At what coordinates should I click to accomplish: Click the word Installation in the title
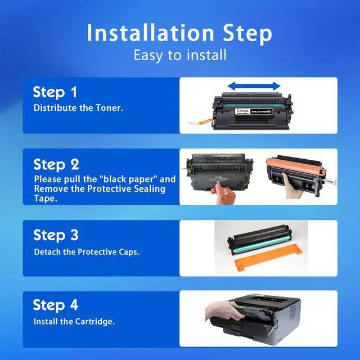(150, 33)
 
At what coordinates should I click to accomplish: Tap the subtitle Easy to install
(180, 55)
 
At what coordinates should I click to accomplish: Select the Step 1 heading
(55, 92)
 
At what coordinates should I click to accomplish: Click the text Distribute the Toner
(78, 107)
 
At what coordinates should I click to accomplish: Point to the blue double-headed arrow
(254, 86)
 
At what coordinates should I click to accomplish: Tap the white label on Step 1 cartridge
(242, 111)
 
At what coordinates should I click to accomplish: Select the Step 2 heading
(56, 164)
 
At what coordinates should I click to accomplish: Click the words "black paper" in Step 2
(129, 179)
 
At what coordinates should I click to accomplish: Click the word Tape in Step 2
(45, 199)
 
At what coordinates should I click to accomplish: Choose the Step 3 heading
(56, 235)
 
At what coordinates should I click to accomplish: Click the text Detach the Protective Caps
(87, 252)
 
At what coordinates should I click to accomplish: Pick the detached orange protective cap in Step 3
(268, 258)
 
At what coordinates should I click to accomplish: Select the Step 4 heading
(55, 305)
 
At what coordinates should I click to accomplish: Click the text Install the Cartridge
(74, 321)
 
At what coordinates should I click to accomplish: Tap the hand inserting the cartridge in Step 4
(224, 310)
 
